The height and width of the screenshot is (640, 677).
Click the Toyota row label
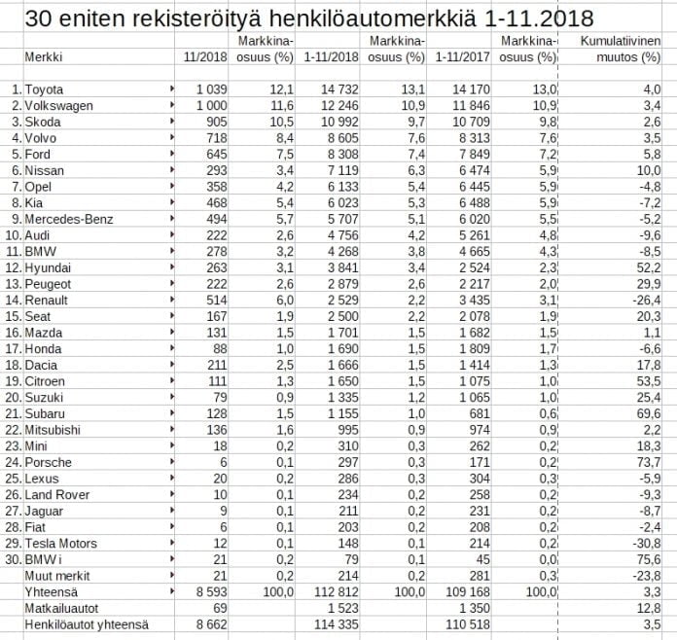[43, 89]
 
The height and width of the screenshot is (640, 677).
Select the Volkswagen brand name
[56, 105]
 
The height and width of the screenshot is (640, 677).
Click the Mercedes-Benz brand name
[69, 219]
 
